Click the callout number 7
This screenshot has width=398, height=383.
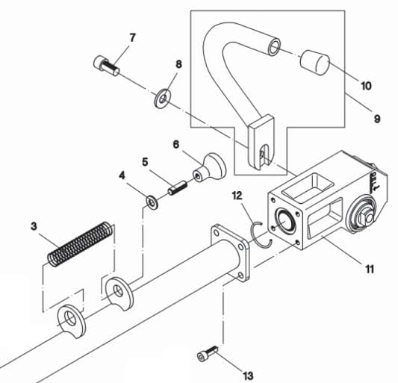coord(132,38)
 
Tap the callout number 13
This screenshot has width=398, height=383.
coord(248,376)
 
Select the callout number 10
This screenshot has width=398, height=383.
coord(366,86)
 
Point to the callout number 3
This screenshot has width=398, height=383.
coord(34,226)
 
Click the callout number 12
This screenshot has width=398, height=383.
coord(237,196)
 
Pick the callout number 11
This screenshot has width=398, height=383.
coord(370,269)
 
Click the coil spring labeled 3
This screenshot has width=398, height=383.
coord(80,244)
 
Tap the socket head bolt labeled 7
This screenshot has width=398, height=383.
coord(106,65)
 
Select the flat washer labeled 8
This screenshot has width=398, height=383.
coord(163,99)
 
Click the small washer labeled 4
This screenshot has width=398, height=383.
coord(152,203)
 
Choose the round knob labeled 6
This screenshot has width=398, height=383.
coord(209,168)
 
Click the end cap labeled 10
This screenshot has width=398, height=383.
coord(315,63)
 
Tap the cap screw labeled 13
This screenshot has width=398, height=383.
coord(208,353)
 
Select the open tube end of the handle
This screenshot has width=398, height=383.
coord(274,46)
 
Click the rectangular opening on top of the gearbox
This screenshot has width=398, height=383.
coord(308,187)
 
